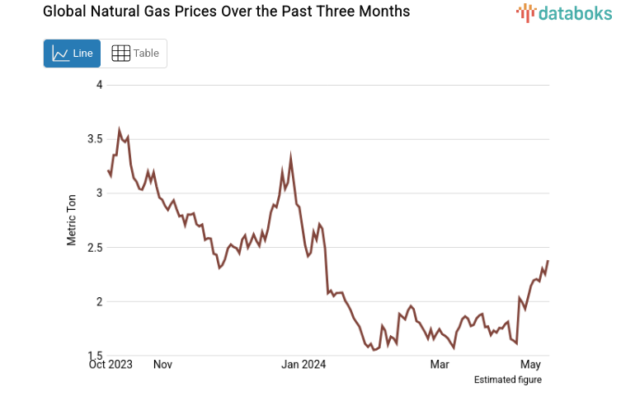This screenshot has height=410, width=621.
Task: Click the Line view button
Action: [x=73, y=54]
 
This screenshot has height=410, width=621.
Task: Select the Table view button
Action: [x=134, y=54]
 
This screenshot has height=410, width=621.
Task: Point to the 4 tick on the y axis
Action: [x=99, y=85]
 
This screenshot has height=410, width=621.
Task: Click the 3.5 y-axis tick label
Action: [x=95, y=139]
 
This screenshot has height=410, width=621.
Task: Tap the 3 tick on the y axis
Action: [x=99, y=193]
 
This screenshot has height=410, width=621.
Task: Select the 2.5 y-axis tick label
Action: [x=95, y=248]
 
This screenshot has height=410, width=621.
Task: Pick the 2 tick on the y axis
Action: [x=99, y=301]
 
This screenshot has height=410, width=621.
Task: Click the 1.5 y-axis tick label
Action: [x=95, y=356]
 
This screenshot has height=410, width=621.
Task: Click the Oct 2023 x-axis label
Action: [x=111, y=364]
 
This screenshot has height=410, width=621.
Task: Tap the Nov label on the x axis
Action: [x=162, y=364]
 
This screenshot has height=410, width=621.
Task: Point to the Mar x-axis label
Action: [x=440, y=364]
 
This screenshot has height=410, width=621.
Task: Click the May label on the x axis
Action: [x=530, y=364]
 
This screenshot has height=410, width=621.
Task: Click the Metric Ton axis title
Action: [x=72, y=221]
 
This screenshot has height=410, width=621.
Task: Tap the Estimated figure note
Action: [x=508, y=380]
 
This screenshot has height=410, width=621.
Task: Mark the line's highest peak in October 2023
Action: [x=120, y=130]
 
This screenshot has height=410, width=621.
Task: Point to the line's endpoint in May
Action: [x=548, y=261]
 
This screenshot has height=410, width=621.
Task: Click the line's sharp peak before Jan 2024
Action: [x=290, y=156]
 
